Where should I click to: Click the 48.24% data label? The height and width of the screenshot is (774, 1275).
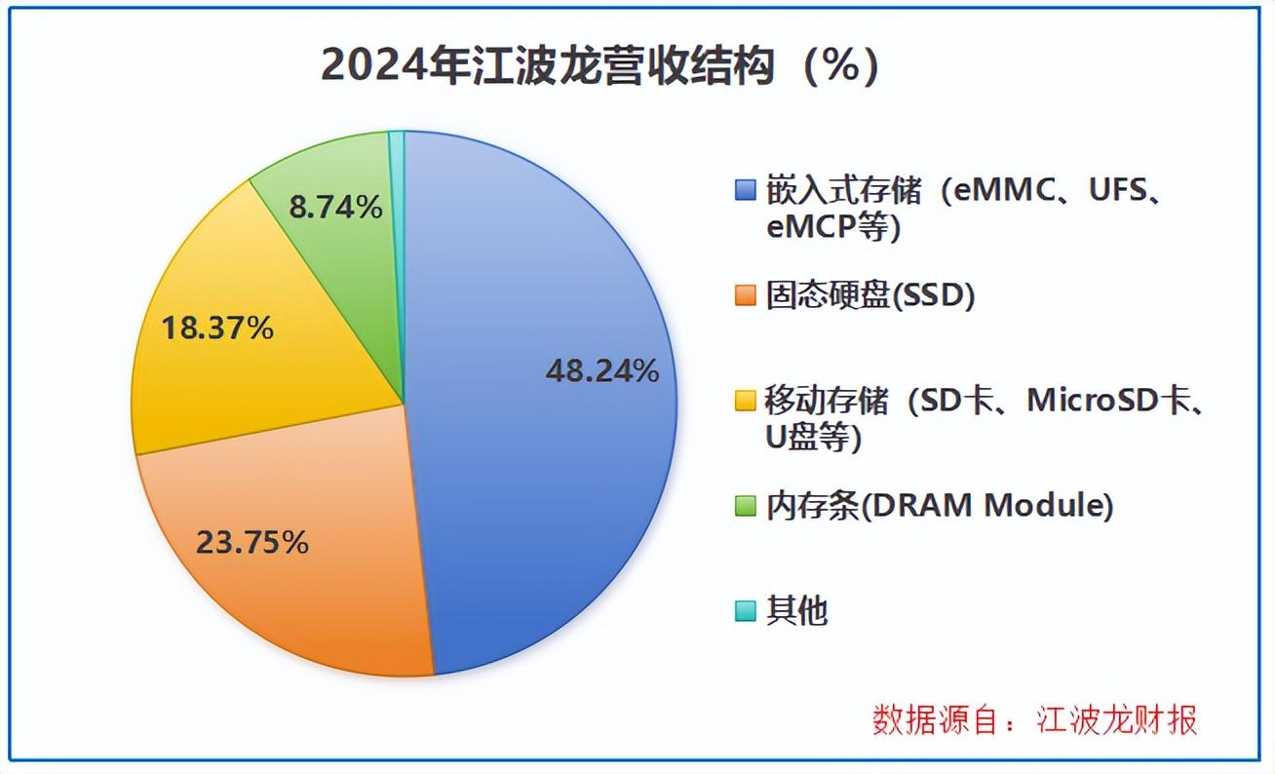tap(602, 370)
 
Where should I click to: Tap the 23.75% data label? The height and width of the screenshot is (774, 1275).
tap(252, 543)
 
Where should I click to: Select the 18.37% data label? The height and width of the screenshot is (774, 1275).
tap(216, 329)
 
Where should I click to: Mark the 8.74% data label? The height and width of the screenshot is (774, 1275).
tap(336, 207)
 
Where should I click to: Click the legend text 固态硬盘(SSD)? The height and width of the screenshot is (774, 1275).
tap(870, 295)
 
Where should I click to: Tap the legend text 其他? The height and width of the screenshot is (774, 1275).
tap(796, 611)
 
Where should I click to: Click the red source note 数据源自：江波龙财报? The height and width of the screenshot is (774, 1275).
tap(1034, 719)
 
